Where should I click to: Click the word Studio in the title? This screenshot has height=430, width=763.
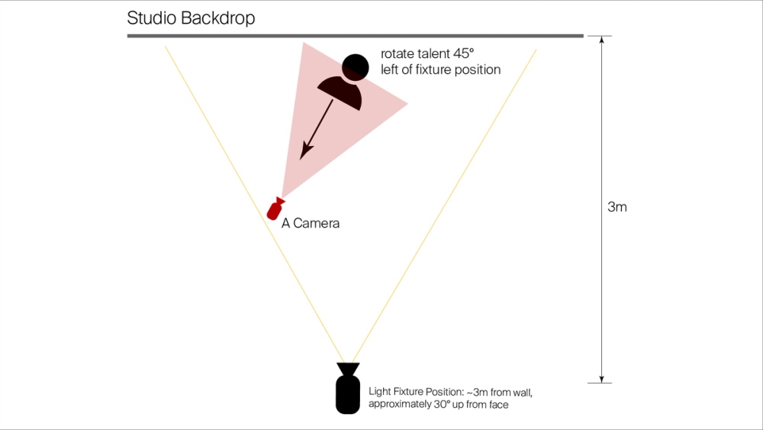(x=151, y=18)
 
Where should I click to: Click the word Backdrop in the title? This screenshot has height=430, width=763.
(x=217, y=18)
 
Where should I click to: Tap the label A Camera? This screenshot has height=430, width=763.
(x=311, y=224)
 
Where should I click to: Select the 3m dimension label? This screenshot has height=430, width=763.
(x=617, y=207)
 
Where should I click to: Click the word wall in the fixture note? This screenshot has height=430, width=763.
(x=522, y=392)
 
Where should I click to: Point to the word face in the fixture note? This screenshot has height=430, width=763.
(x=496, y=405)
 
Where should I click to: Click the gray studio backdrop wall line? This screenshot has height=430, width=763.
(x=355, y=35)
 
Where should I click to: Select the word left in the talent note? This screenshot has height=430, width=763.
(x=391, y=70)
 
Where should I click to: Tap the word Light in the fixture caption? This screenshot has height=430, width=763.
(x=379, y=392)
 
